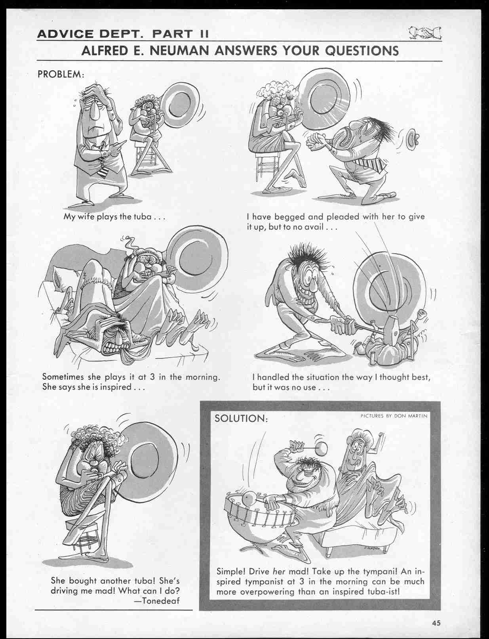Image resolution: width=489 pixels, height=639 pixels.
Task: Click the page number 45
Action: pos(436,623)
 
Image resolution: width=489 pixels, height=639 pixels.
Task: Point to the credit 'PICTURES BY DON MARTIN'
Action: pos(394,415)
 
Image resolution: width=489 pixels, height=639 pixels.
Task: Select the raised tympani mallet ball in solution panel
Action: pos(323,448)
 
